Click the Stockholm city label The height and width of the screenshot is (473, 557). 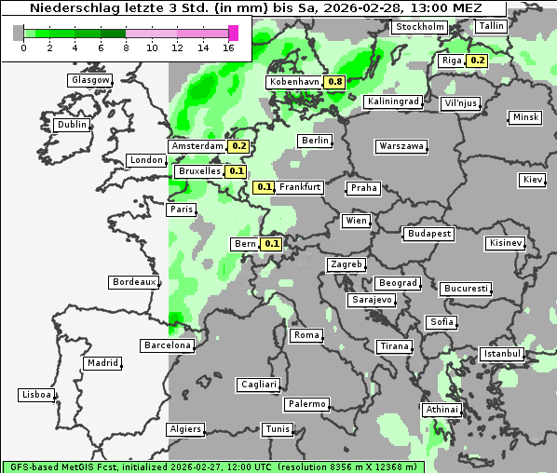click(x=418, y=27)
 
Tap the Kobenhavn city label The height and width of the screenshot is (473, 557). click(x=294, y=82)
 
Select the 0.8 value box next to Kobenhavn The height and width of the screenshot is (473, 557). click(x=335, y=82)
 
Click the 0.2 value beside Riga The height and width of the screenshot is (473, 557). click(x=477, y=61)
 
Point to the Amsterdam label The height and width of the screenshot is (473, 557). click(x=197, y=146)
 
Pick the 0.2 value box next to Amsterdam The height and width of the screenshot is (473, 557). click(x=238, y=146)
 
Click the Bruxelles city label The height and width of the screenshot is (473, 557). click(x=199, y=171)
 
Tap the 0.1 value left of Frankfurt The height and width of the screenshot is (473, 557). click(x=265, y=187)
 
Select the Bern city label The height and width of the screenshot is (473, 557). click(x=246, y=244)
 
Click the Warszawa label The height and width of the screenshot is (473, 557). click(x=401, y=146)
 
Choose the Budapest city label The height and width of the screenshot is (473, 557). click(x=428, y=233)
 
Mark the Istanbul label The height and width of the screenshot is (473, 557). click(x=502, y=354)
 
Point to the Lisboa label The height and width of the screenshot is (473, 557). click(x=35, y=395)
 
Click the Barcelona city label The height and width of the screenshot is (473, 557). click(x=168, y=345)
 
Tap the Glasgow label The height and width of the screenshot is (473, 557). click(x=90, y=80)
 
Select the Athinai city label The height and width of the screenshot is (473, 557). click(x=442, y=410)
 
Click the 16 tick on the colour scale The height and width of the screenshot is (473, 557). click(x=229, y=47)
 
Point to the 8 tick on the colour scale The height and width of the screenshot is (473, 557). click(x=126, y=47)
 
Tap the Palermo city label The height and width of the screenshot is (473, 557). click(x=306, y=404)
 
